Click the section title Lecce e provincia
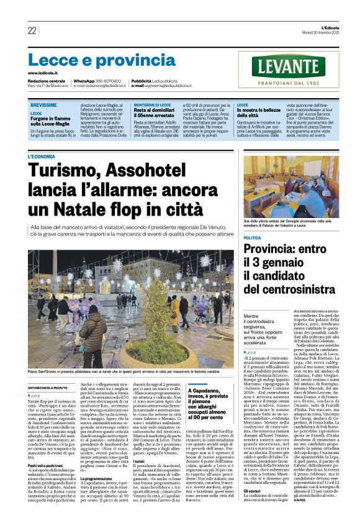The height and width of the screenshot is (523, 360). pyautogui.click(x=93, y=60)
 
